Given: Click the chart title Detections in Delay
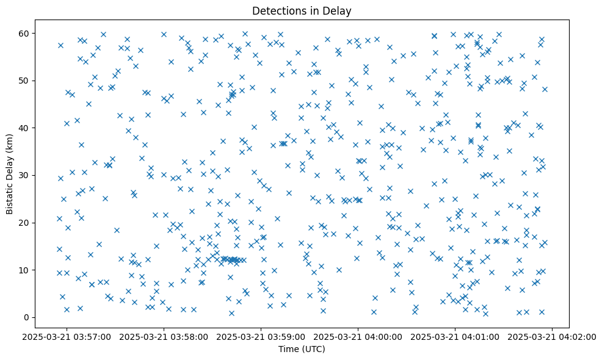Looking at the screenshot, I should pos(302,10).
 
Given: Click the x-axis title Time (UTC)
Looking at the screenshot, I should pos(302,350).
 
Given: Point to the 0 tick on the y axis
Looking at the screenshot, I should pos(43,317).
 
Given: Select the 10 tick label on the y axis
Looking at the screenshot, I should pos(40,270).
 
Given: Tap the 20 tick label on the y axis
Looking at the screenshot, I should pos(40,223).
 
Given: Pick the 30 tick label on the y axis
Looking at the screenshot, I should pos(40,175).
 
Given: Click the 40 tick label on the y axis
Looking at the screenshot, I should pos(40,128).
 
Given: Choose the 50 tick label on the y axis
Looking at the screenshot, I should pos(40,81).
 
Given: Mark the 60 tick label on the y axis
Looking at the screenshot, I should pos(40,33).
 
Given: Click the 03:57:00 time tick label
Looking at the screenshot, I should pos(67,336).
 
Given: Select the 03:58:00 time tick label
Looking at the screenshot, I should pos(164,336).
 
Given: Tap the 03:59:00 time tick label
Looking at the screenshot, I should pos(261,336).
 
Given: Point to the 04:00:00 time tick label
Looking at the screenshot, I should pos(358,336).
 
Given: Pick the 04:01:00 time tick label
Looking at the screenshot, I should pos(455,336).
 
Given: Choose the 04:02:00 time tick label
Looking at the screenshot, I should pos(553,336).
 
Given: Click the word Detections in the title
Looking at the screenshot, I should pos(278,10).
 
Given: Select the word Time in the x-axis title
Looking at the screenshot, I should pos(289,350).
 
